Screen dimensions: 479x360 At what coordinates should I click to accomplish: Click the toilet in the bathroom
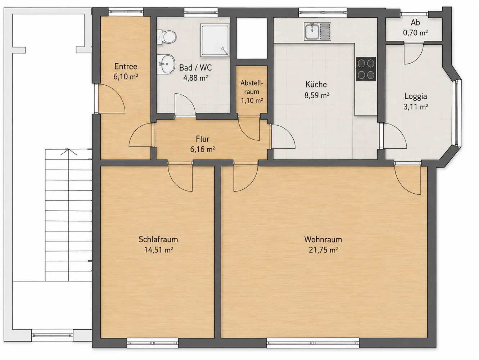pyautogui.click(x=167, y=37)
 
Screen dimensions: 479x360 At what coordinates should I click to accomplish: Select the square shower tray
pyautogui.click(x=215, y=40)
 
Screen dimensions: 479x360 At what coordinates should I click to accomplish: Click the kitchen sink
pyautogui.click(x=317, y=31)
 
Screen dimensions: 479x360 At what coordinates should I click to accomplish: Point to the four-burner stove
pyautogui.click(x=366, y=69)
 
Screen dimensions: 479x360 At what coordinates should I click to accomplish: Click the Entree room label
pyautogui.click(x=126, y=66)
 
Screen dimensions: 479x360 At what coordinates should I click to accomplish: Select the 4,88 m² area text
pyautogui.click(x=195, y=78)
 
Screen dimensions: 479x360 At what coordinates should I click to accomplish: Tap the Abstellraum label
pyautogui.click(x=252, y=87)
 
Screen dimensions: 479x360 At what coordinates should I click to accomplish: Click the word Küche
pyautogui.click(x=316, y=84)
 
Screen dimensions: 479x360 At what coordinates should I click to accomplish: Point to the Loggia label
pyautogui.click(x=416, y=96)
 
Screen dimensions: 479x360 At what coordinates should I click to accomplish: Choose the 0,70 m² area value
pyautogui.click(x=415, y=33)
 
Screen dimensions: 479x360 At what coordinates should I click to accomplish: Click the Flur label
pyautogui.click(x=203, y=139)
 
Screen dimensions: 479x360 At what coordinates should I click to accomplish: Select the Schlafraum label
pyautogui.click(x=158, y=239)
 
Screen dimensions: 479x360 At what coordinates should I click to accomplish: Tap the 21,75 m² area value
pyautogui.click(x=323, y=250)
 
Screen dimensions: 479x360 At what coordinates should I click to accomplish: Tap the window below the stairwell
pyautogui.click(x=52, y=335)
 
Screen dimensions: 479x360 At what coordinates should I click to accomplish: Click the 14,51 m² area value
pyautogui.click(x=158, y=250)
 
